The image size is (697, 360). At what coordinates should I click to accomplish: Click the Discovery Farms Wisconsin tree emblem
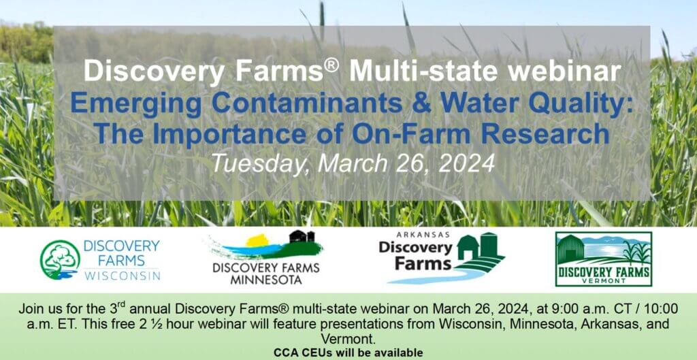60,260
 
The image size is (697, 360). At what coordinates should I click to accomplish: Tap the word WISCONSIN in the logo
123,276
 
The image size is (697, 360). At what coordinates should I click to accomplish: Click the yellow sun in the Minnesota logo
258,240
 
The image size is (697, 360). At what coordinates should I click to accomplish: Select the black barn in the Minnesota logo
302,236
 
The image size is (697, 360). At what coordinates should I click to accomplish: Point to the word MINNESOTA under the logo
266,280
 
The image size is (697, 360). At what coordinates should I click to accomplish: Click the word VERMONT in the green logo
604,281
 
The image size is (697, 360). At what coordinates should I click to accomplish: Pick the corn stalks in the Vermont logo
636,253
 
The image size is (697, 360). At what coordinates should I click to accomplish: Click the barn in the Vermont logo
571,249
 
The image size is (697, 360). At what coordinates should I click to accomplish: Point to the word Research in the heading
545,134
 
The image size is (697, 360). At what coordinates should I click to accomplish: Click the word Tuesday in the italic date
260,164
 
